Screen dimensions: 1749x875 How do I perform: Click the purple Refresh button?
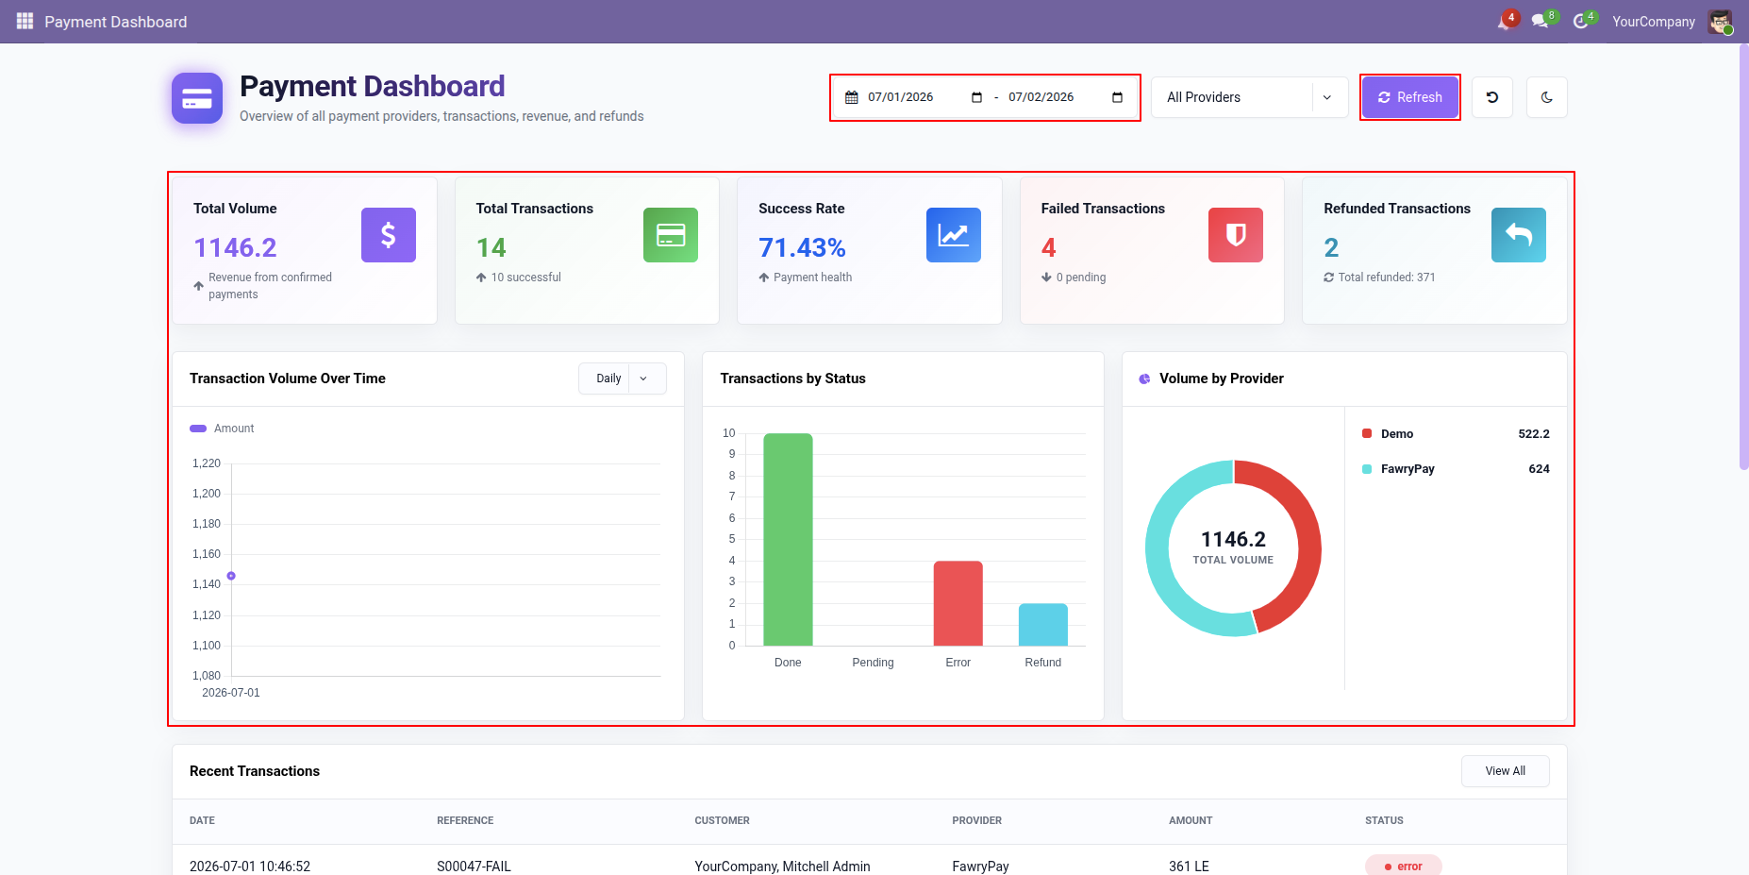click(x=1409, y=97)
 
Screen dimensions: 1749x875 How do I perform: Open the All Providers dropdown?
click(x=1249, y=97)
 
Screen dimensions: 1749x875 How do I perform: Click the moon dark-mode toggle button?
click(x=1547, y=97)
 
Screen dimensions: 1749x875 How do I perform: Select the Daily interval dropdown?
click(x=623, y=379)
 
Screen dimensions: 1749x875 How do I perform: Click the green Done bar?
click(x=788, y=539)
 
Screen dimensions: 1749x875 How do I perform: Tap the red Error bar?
click(x=958, y=603)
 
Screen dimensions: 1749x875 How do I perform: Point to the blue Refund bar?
click(x=1043, y=625)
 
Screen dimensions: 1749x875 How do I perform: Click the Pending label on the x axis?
click(x=873, y=663)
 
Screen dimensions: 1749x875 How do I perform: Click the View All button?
click(x=1505, y=771)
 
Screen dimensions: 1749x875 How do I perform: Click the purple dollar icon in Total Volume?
click(x=389, y=235)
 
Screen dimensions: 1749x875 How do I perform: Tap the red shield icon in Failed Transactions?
click(x=1236, y=235)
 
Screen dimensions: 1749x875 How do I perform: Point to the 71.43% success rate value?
click(x=802, y=247)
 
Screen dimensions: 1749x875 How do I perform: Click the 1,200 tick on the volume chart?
click(x=207, y=494)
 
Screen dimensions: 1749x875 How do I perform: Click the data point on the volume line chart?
click(x=231, y=576)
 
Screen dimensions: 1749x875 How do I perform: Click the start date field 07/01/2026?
click(x=901, y=97)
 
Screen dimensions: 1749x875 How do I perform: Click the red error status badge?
click(x=1403, y=866)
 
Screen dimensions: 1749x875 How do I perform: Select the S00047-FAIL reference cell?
click(x=474, y=867)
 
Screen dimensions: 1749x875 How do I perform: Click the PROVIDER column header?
click(x=977, y=821)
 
